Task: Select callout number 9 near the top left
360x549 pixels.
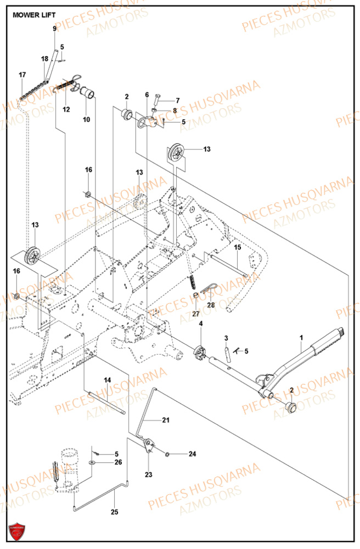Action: [54, 29]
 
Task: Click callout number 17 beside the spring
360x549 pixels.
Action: [22, 75]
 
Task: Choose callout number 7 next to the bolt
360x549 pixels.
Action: [177, 100]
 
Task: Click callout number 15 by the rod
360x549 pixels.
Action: [238, 248]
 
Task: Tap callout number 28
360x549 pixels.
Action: [211, 304]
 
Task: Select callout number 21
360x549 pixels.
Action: [166, 420]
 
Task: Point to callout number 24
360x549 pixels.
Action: [192, 454]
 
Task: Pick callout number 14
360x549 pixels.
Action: [107, 379]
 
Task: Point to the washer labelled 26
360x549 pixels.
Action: [92, 463]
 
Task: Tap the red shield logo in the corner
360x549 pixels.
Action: [16, 531]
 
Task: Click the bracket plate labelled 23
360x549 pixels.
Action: [148, 445]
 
